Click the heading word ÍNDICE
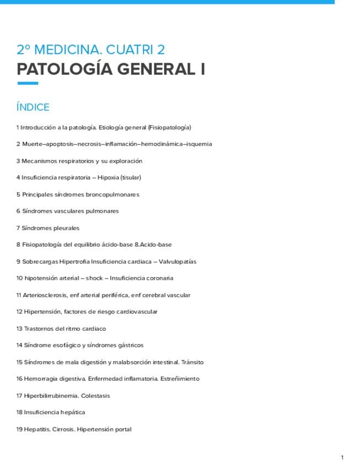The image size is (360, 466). pyautogui.click(x=33, y=107)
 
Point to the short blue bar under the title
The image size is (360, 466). pyautogui.click(x=27, y=84)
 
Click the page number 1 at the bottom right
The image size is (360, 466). pyautogui.click(x=342, y=457)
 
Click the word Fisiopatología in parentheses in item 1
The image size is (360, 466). pyautogui.click(x=169, y=127)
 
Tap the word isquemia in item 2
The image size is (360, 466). pyautogui.click(x=199, y=144)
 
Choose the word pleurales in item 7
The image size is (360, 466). pyautogui.click(x=66, y=228)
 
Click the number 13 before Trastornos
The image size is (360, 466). pyautogui.click(x=19, y=329)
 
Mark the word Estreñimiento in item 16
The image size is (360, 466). pyautogui.click(x=179, y=379)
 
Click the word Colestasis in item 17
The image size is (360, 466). pyautogui.click(x=96, y=396)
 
